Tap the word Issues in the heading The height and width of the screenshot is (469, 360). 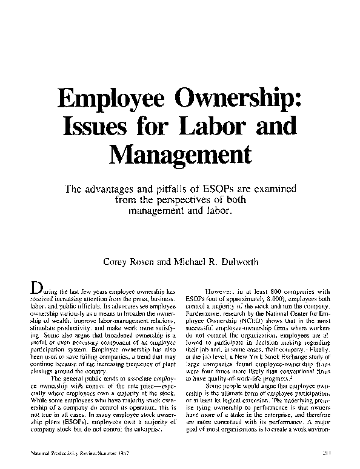coord(96,126)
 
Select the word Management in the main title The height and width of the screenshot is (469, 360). coord(180,154)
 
